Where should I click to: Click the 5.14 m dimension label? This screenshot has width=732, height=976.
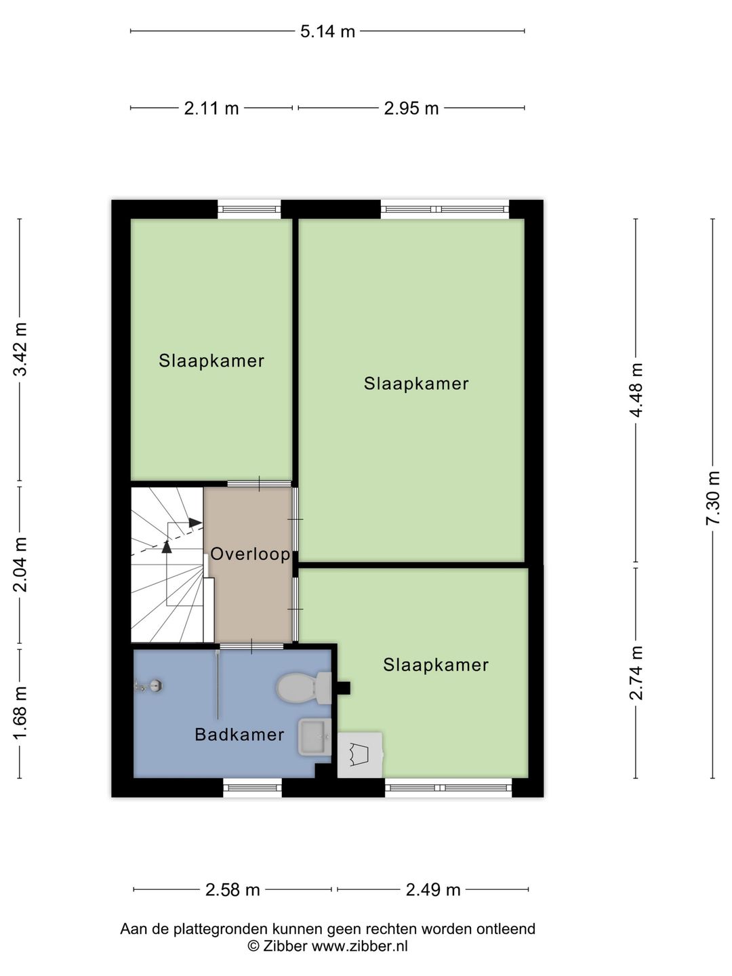pyautogui.click(x=327, y=32)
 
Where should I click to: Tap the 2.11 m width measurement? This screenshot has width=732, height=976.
pyautogui.click(x=211, y=108)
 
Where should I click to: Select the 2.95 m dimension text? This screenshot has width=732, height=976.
pyautogui.click(x=411, y=108)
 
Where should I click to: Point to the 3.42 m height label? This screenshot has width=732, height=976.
pyautogui.click(x=20, y=350)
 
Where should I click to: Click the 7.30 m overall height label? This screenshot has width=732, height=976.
pyautogui.click(x=712, y=498)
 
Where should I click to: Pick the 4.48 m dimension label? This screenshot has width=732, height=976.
pyautogui.click(x=636, y=390)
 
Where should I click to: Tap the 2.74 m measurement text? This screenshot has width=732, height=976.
pyautogui.click(x=636, y=673)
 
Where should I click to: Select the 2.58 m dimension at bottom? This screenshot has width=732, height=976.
pyautogui.click(x=232, y=889)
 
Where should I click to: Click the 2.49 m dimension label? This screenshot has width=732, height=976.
pyautogui.click(x=433, y=889)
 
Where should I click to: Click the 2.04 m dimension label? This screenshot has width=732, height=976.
pyautogui.click(x=20, y=565)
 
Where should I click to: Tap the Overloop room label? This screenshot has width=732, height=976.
pyautogui.click(x=250, y=554)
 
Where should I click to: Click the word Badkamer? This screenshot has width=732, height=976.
pyautogui.click(x=239, y=734)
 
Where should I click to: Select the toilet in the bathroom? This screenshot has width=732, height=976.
pyautogui.click(x=304, y=688)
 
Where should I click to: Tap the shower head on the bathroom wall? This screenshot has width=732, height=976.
pyautogui.click(x=148, y=686)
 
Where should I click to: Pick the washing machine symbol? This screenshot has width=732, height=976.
pyautogui.click(x=360, y=756)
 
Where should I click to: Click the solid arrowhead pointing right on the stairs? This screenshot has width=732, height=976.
pyautogui.click(x=196, y=523)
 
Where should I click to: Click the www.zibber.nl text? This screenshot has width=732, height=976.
pyautogui.click(x=359, y=945)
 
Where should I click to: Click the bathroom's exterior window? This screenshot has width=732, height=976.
pyautogui.click(x=252, y=788)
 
